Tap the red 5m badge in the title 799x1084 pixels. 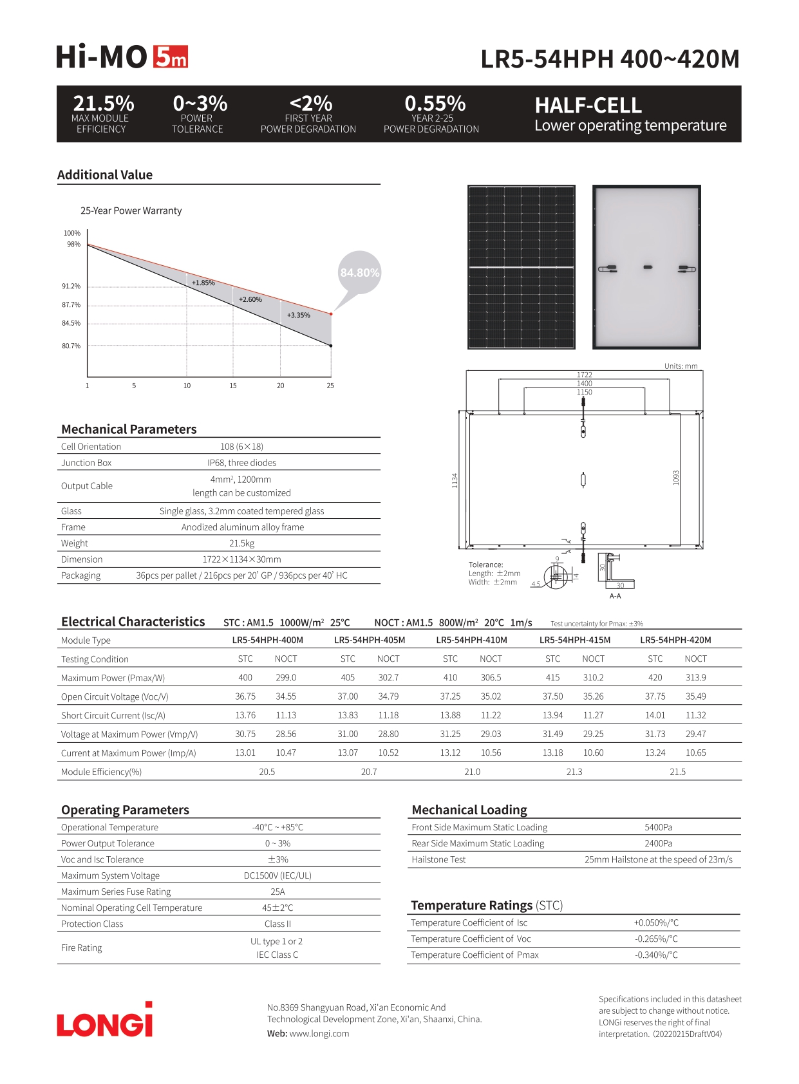point(171,57)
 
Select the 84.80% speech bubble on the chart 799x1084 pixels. point(359,273)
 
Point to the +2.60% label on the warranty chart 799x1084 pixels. point(250,299)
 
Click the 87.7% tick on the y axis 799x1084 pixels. point(71,304)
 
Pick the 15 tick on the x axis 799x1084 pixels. point(233,386)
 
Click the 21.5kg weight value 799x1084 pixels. point(241,543)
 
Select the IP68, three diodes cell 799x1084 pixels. point(241,463)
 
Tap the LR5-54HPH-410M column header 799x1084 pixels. point(471,640)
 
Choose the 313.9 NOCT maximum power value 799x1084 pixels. point(695,677)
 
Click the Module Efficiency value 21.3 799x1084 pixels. point(574,772)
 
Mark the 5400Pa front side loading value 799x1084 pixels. point(658,827)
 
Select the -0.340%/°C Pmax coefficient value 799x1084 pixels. point(656,955)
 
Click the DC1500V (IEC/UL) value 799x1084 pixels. point(277,875)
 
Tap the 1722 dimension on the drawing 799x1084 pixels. point(584,375)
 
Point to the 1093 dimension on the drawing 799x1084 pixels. point(676,478)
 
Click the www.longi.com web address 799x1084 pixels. point(319,1034)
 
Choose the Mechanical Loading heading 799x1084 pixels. point(469,810)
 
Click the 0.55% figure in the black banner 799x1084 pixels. point(435,104)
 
